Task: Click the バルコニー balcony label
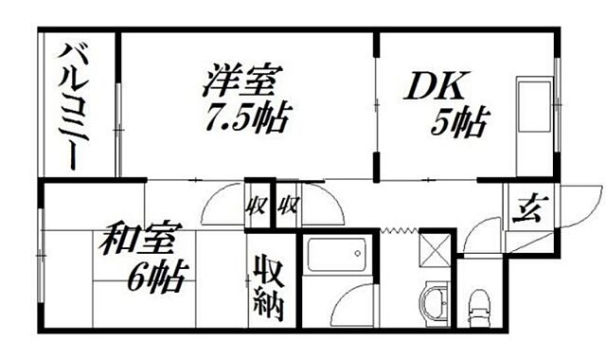76,105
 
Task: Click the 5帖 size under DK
461,121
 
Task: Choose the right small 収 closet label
288,204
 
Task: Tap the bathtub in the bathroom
335,257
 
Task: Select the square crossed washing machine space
437,249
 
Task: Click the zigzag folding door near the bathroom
397,230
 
